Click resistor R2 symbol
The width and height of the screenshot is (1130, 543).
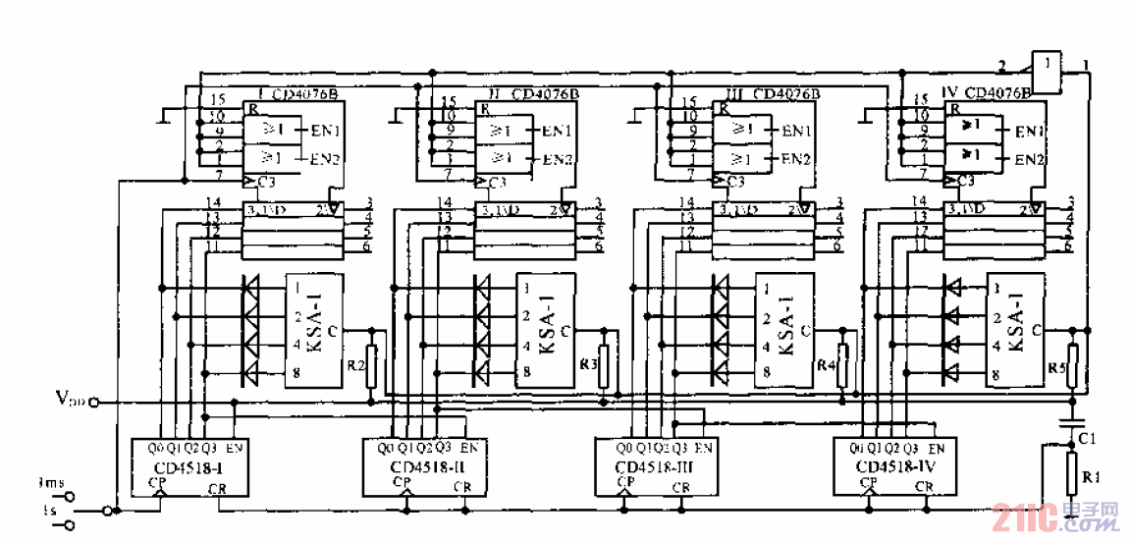pos(371,365)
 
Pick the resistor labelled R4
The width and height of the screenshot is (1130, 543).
pos(842,365)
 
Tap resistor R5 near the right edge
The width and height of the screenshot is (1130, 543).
pos(1073,365)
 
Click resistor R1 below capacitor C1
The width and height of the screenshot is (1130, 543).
pos(1071,478)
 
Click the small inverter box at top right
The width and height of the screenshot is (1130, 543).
pos(1049,71)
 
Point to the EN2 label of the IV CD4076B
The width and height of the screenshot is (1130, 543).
pos(1029,159)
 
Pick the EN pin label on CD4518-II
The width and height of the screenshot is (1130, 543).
pos(468,448)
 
